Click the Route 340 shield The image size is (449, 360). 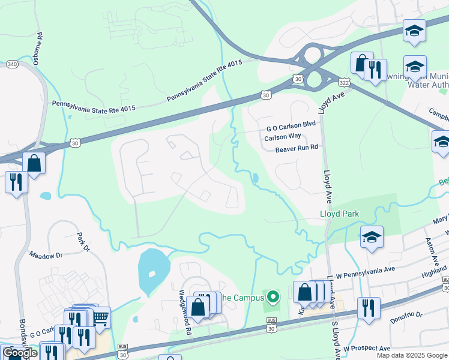(11, 64)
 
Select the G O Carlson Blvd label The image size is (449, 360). (291, 128)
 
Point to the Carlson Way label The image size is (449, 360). (283, 137)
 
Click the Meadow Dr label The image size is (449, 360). (46, 256)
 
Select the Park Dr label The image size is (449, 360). (83, 242)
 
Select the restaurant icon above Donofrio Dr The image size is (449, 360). (369, 307)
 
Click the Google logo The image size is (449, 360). (20, 353)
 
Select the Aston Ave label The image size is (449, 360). (433, 254)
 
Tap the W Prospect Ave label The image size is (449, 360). (367, 349)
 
